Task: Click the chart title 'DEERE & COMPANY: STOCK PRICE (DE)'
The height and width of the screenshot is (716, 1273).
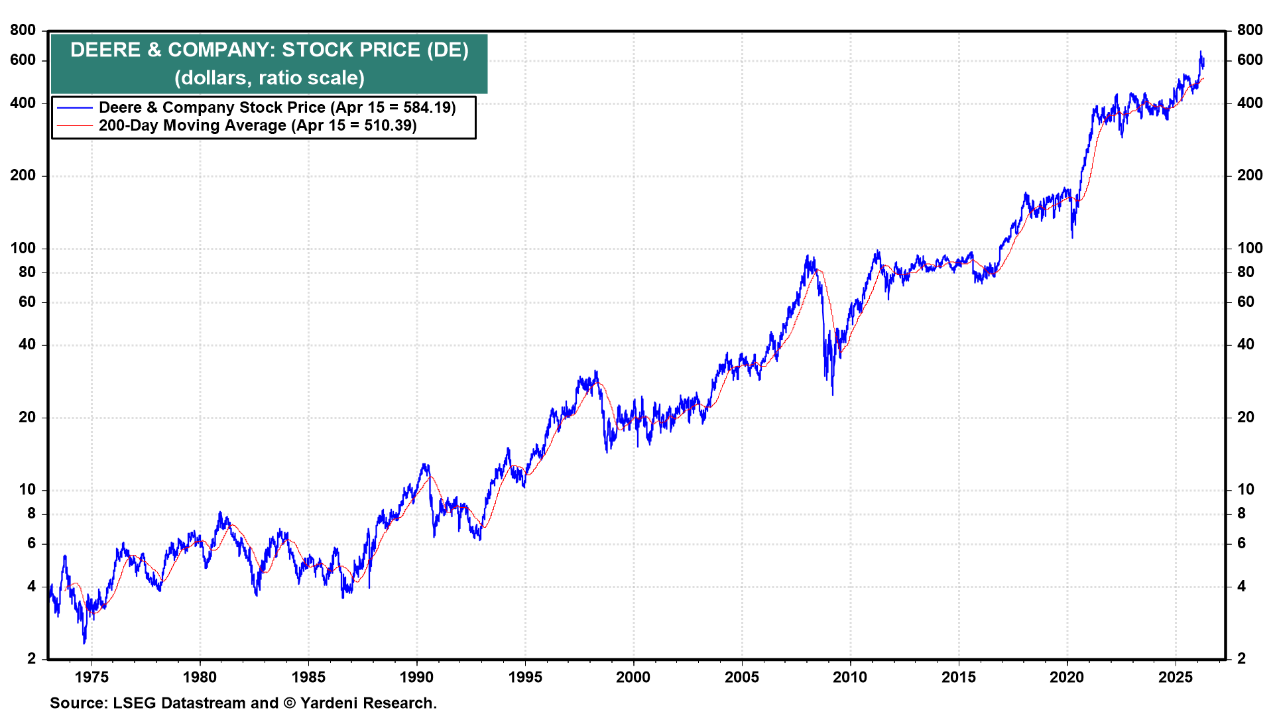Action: [x=269, y=50]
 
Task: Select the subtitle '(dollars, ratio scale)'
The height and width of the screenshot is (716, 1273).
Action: [x=269, y=78]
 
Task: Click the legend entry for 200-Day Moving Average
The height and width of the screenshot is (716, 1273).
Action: [x=257, y=126]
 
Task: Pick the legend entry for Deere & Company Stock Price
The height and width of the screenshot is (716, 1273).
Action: [x=277, y=107]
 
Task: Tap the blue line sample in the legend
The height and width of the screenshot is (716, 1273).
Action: [x=74, y=107]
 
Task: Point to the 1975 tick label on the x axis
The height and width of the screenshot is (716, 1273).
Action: [x=91, y=677]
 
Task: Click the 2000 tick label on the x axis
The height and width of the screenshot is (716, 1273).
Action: [x=633, y=677]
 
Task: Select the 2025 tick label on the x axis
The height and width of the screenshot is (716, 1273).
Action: [x=1176, y=677]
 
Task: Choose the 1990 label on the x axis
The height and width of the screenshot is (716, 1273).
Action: [x=416, y=677]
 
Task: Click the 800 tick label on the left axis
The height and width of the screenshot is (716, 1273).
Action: [x=23, y=30]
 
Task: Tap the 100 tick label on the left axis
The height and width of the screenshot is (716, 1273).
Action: [x=23, y=248]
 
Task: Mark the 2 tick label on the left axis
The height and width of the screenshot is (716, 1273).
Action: [x=31, y=658]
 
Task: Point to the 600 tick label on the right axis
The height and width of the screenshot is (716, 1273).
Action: [x=1249, y=60]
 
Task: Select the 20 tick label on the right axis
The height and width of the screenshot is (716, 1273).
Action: [x=1246, y=417]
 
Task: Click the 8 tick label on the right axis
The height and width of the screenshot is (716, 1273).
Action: [x=1241, y=513]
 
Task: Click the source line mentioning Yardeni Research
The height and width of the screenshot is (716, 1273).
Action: [x=243, y=703]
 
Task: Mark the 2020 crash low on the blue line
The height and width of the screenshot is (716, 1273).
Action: [x=1072, y=237]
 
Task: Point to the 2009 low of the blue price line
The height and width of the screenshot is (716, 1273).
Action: [x=832, y=394]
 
